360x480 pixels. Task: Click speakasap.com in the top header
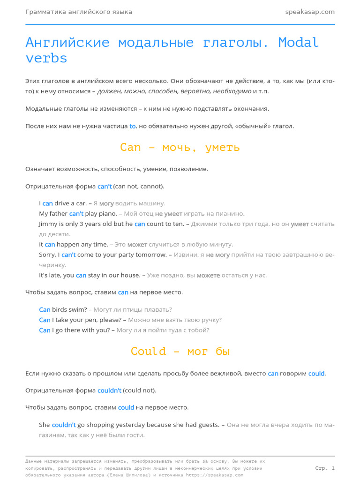pos(310,12)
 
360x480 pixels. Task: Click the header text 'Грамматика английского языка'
pos(79,12)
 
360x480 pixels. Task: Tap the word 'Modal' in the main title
pos(298,43)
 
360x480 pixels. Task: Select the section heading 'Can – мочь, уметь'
pos(180,147)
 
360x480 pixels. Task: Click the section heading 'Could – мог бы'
pos(180,351)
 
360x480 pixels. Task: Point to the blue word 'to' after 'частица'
pos(132,126)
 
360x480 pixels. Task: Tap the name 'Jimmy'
pos(49,224)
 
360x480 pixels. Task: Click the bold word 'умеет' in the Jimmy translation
pos(300,224)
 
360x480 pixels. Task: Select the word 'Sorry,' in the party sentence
pos(48,255)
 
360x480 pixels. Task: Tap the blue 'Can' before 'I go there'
pos(45,330)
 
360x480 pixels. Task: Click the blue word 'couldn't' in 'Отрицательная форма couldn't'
pos(109,390)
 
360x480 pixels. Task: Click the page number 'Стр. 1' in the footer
pos(325,468)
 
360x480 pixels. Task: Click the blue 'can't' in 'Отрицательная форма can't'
pos(105,187)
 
